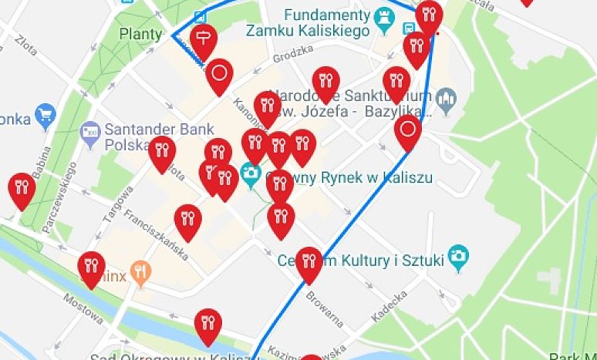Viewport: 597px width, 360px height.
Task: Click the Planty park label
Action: coord(141,34)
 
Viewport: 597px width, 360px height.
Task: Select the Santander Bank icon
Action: coord(91,136)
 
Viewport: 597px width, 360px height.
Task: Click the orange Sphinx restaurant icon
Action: coord(140,270)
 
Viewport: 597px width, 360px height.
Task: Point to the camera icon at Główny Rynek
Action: coord(251,174)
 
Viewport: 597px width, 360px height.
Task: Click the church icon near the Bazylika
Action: coord(446,99)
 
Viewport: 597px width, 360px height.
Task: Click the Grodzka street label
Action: coord(292,53)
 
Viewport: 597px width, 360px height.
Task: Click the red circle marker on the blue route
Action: coord(408,131)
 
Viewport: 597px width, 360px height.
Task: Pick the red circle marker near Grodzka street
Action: coord(220,74)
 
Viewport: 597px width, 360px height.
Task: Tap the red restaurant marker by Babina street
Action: coord(22,188)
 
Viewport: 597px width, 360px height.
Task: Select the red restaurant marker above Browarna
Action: coord(309,262)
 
